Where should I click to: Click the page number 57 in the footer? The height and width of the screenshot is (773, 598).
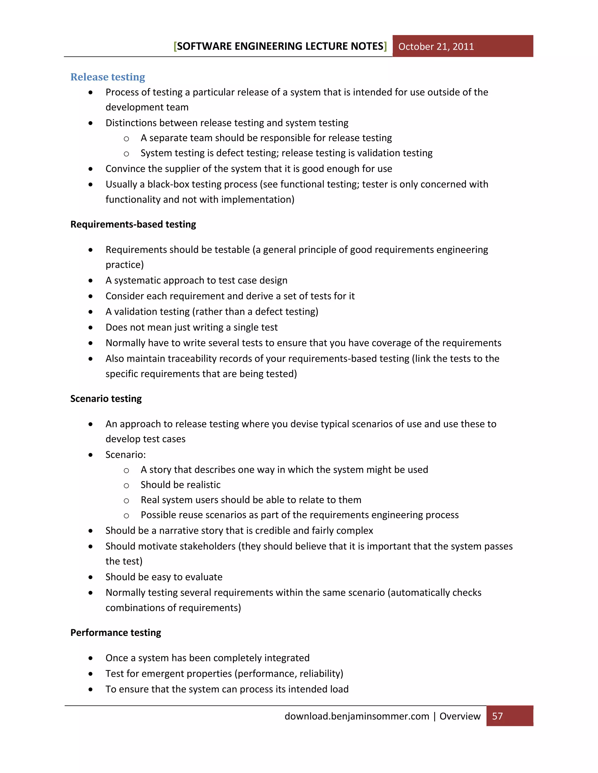click(x=497, y=716)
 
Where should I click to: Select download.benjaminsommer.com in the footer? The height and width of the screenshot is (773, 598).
click(x=357, y=716)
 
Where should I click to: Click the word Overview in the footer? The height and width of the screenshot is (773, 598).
click(x=460, y=716)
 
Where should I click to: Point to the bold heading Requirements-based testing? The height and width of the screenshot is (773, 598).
click(x=133, y=224)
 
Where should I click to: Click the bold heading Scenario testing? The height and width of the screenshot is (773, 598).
click(x=106, y=398)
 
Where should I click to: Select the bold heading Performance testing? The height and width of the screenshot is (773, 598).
click(x=116, y=632)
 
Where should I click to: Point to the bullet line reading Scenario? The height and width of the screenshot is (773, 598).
click(x=125, y=454)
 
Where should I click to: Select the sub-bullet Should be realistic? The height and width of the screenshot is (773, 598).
click(x=180, y=485)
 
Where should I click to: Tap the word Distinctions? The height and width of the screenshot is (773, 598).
click(x=131, y=123)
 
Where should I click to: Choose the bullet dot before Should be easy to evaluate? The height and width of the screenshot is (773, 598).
click(x=91, y=577)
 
